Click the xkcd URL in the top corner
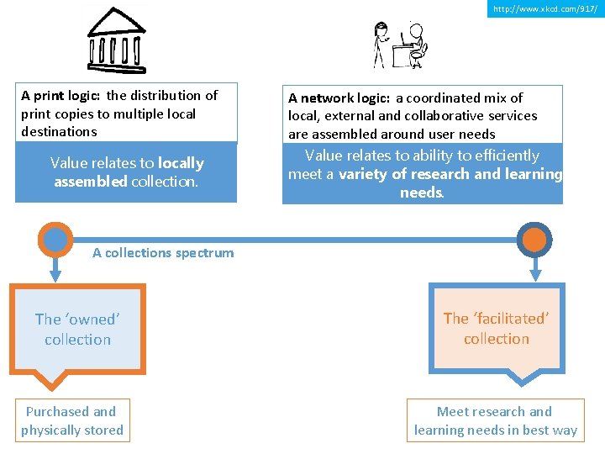[545, 8]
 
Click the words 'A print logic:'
[61, 96]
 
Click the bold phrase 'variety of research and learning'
[450, 174]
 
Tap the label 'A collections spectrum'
[163, 252]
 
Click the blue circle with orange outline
[55, 240]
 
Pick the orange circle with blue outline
[534, 240]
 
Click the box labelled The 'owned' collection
[78, 329]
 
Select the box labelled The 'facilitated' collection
[496, 329]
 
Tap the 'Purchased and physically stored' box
[72, 420]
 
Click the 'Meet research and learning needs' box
[495, 420]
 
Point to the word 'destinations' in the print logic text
[59, 132]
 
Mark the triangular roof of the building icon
[116, 20]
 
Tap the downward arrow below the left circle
[55, 271]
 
